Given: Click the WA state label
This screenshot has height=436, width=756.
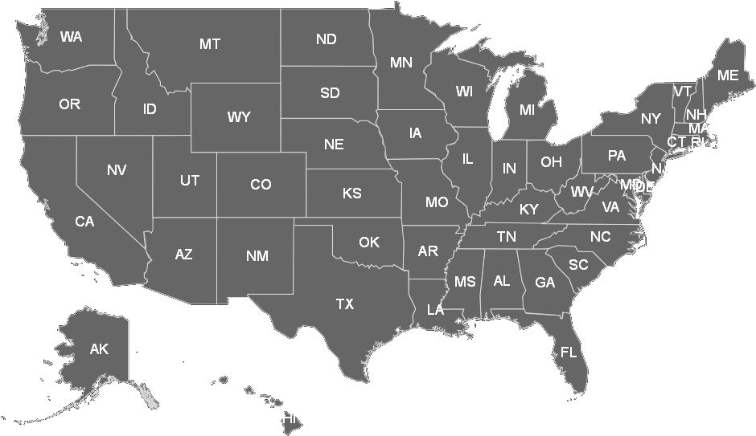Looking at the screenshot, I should click(x=71, y=37).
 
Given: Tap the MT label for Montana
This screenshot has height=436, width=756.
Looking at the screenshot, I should click(x=210, y=44).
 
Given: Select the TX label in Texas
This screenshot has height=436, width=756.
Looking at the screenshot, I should click(x=344, y=304).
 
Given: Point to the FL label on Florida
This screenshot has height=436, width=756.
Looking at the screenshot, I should click(x=569, y=352).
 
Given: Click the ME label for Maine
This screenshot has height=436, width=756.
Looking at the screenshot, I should click(x=727, y=75).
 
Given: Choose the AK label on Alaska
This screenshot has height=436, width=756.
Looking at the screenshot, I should click(x=99, y=348).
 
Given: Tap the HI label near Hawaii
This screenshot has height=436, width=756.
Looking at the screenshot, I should click(x=290, y=418).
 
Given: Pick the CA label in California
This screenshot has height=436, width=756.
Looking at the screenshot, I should click(x=84, y=222).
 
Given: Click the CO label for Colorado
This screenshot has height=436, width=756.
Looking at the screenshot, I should click(x=261, y=185).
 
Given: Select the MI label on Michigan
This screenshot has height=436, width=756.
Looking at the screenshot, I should click(x=527, y=110).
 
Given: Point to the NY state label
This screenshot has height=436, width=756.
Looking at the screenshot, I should click(x=651, y=119).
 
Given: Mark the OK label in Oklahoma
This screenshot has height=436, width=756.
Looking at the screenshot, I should click(x=369, y=242).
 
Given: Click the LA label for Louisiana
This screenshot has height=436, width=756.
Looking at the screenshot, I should click(x=435, y=309).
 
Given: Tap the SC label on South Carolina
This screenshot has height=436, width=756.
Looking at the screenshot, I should click(x=578, y=265).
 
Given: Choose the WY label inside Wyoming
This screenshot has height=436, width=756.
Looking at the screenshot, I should click(x=239, y=117).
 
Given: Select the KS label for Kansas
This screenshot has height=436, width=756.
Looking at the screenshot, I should click(x=351, y=194).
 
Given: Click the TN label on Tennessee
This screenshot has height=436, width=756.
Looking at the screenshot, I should click(x=506, y=236).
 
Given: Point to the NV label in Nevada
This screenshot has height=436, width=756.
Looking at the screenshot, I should click(x=116, y=170).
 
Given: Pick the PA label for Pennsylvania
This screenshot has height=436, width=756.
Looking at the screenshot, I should click(x=616, y=156).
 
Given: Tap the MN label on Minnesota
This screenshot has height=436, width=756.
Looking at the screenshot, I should click(x=401, y=62).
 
